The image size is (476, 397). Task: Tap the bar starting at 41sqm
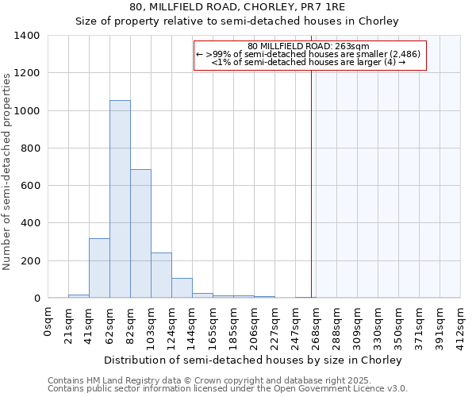99,268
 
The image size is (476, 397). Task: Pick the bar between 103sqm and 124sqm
161,275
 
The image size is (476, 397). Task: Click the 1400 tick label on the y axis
27,36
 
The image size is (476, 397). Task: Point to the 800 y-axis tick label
30,148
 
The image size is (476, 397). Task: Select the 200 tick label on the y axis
30,261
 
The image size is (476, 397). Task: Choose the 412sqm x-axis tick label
461,324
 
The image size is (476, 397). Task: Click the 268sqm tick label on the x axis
317,324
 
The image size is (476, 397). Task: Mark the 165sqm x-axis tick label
213,324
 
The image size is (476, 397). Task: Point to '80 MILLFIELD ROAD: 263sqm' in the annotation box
310,47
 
